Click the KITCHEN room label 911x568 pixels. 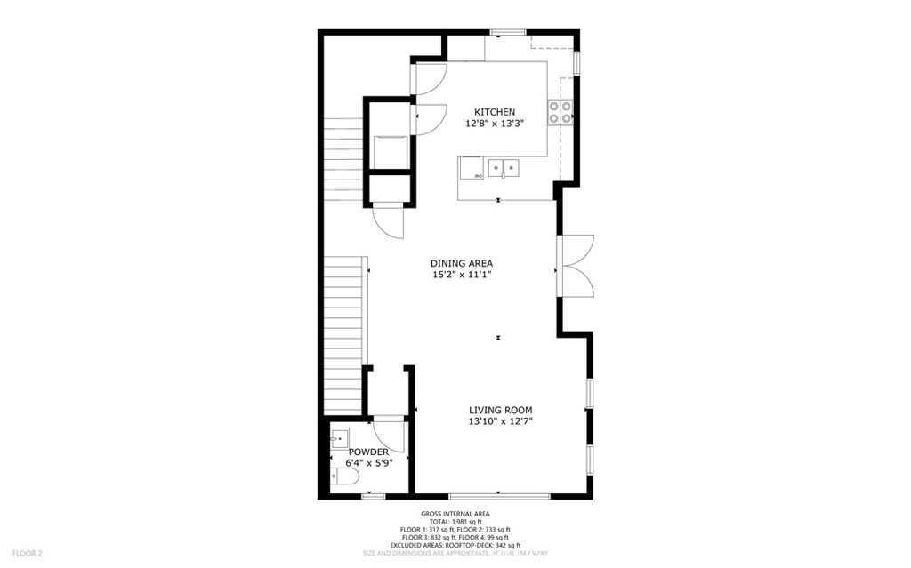coord(494,112)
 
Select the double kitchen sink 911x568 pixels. coord(504,166)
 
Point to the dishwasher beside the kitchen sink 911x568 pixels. coord(472,169)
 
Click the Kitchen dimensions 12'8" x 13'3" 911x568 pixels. coord(494,124)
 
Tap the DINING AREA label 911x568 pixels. coord(461,263)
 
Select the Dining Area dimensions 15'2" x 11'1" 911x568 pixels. coord(461,276)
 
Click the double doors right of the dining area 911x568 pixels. coord(576,265)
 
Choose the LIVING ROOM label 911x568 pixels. coord(501,410)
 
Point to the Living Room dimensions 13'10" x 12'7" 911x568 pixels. coord(501,422)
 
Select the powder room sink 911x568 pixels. coord(339,437)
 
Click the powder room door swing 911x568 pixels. coord(389,436)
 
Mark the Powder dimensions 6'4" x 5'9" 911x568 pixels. coord(368,463)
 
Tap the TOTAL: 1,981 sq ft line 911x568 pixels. coord(455,522)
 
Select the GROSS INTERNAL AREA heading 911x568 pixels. coord(455,514)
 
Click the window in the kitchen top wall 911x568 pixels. coord(507,33)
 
